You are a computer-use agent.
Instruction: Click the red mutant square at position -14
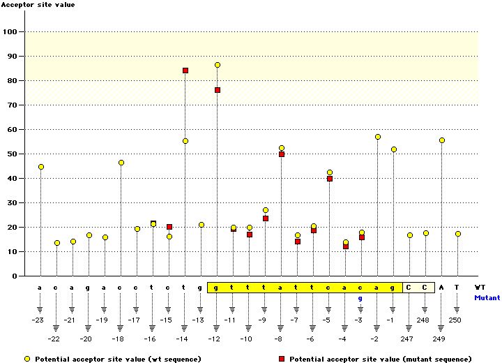coord(185,71)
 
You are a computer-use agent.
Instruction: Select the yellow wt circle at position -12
coord(218,65)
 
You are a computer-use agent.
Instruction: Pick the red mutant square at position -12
coord(218,90)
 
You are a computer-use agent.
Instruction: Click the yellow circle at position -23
coord(41,167)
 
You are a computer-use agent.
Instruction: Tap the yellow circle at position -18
coord(121,163)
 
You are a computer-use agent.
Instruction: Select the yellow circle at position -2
coord(378,137)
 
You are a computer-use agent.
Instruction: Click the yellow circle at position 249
coord(442,140)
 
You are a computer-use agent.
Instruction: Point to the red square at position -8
coord(282,154)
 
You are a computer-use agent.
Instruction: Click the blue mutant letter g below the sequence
coord(360,298)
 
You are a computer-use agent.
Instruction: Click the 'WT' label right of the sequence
coord(480,287)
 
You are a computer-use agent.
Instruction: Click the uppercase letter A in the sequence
coord(441,287)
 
